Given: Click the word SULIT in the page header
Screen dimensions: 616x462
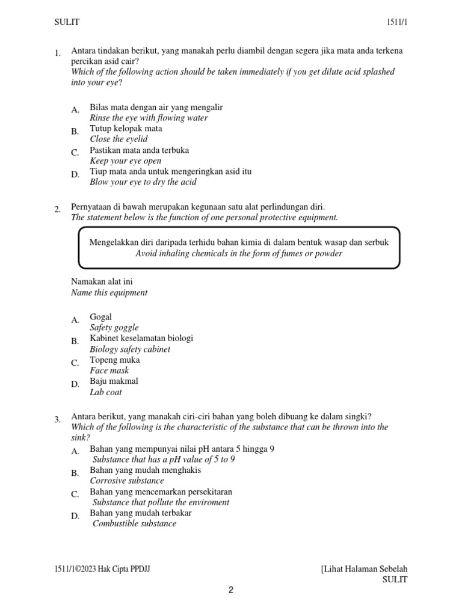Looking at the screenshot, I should (67, 22).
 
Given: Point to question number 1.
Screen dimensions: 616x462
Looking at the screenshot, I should (57, 54).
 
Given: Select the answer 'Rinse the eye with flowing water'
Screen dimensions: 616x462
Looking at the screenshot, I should (149, 118).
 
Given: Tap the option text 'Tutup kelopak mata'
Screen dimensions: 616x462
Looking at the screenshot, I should (126, 129).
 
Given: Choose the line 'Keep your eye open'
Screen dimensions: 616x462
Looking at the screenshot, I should (126, 161).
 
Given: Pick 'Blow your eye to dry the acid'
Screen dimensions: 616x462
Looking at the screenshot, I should (143, 182).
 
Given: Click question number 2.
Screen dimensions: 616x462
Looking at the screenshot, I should (57, 209).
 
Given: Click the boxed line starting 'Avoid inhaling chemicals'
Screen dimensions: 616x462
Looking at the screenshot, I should (239, 253).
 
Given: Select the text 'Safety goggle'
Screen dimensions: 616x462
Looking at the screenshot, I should (114, 328).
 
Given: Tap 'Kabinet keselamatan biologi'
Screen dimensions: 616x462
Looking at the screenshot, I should (141, 339).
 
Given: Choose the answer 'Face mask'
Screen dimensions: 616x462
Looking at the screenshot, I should (109, 371).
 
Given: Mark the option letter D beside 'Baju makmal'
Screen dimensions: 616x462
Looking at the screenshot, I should (75, 384).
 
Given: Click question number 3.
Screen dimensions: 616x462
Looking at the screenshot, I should (57, 420).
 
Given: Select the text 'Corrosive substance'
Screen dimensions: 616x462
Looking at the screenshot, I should (127, 481).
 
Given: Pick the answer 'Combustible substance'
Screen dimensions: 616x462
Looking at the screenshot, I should (134, 523).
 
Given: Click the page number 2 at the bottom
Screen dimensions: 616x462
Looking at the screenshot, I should (231, 590).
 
